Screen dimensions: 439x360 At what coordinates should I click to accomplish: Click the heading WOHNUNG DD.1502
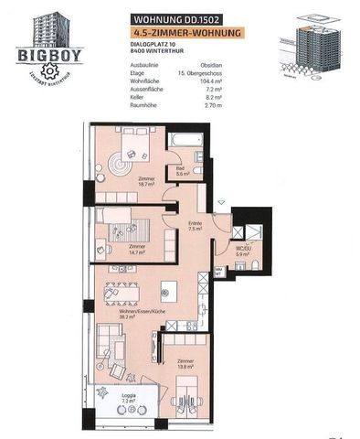(174, 17)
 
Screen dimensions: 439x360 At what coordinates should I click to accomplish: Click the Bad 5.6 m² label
(181, 171)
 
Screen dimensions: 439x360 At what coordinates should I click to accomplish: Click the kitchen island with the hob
(168, 294)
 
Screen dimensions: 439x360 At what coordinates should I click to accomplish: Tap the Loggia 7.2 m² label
(128, 399)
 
